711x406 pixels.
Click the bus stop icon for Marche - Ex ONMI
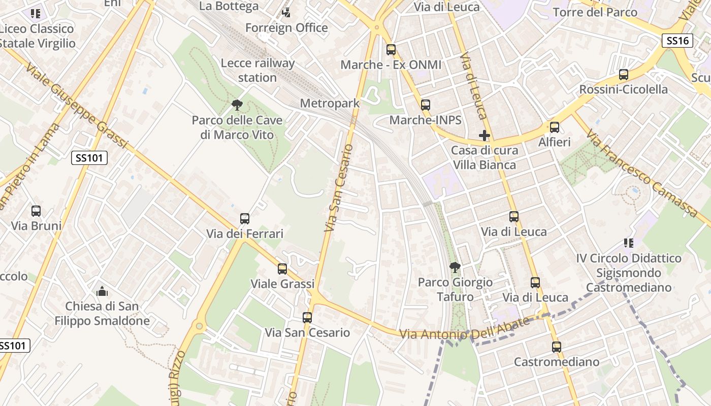(x=391, y=50)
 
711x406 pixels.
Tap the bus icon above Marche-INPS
(x=425, y=105)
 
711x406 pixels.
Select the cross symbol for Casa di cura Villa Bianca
(x=484, y=136)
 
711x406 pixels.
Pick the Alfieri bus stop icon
(x=555, y=127)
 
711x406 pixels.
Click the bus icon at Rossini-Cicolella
(x=624, y=75)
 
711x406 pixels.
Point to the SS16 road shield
(x=677, y=41)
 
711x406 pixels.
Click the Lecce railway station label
(x=257, y=70)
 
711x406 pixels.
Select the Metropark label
(x=330, y=103)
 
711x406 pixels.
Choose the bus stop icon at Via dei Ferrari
(x=245, y=219)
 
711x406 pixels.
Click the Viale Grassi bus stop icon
(x=282, y=269)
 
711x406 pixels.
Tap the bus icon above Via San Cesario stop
(x=307, y=318)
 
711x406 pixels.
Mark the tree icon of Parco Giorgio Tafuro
(x=455, y=267)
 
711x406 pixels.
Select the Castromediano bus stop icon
(x=557, y=347)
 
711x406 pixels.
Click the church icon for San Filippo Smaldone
(x=102, y=291)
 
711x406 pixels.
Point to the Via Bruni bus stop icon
(x=36, y=211)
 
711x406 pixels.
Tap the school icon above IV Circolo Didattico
(x=629, y=244)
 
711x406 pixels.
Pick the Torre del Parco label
(x=595, y=12)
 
